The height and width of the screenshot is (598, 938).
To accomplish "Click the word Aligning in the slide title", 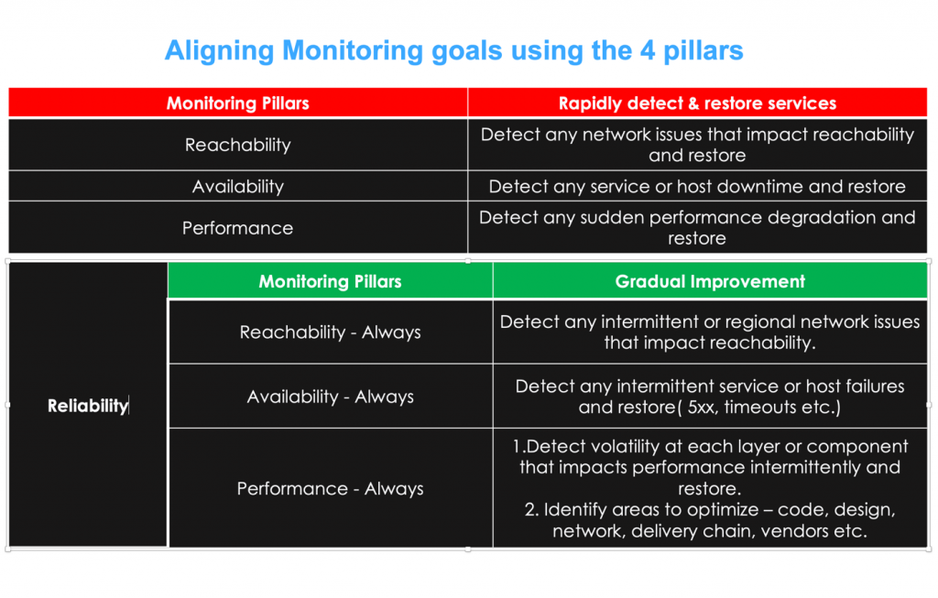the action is pyautogui.click(x=220, y=51).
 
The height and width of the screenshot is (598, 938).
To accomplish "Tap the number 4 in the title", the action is pyautogui.click(x=648, y=51).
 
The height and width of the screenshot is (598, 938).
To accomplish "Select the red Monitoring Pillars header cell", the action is pyautogui.click(x=238, y=103).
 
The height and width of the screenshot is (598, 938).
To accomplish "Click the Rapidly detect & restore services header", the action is pyautogui.click(x=697, y=103).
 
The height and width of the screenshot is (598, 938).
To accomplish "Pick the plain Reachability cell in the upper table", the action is pyautogui.click(x=238, y=145).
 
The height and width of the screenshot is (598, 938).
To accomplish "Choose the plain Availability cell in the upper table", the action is pyautogui.click(x=238, y=187).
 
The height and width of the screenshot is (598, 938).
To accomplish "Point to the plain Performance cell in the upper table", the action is pyautogui.click(x=238, y=228).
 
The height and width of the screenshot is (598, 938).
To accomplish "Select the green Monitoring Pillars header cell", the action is pyautogui.click(x=330, y=281).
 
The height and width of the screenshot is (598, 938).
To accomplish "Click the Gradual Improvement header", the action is pyautogui.click(x=710, y=281).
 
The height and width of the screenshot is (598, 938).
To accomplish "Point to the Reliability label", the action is pyautogui.click(x=88, y=406).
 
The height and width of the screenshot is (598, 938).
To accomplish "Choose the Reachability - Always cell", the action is pyautogui.click(x=330, y=332).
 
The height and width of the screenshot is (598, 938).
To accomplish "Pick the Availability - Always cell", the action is pyautogui.click(x=330, y=397).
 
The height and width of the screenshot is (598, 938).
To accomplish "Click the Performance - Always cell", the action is pyautogui.click(x=330, y=489).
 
